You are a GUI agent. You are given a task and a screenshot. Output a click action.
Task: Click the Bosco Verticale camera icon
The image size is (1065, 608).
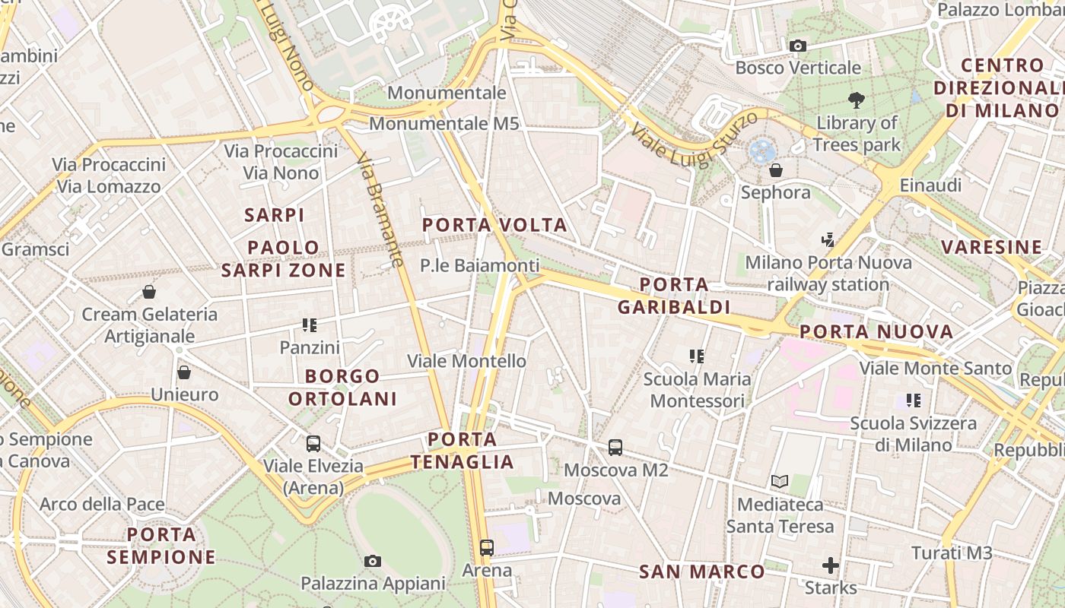coord(797,46)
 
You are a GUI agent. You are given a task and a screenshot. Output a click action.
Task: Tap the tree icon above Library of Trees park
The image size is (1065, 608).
coord(857,100)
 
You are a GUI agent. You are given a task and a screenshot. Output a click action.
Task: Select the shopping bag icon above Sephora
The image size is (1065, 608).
coord(776,170)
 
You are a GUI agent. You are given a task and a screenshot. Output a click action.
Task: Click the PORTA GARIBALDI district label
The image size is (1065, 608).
coord(673,296)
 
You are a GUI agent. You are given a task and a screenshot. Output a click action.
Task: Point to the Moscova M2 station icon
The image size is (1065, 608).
coord(615,448)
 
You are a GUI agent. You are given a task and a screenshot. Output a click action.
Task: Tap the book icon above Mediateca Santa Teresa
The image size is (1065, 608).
coord(780,481)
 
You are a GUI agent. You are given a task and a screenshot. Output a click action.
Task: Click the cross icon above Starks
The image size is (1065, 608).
coord(831,565)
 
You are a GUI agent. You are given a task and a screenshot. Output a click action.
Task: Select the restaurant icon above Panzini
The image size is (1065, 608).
coord(310,325)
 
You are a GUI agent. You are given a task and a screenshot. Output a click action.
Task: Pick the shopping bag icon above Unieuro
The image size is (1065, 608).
coord(184,372)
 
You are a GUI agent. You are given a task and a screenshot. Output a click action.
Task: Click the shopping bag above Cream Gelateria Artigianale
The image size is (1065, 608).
coord(149,292)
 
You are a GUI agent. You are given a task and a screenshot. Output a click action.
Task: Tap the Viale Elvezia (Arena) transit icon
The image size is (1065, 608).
coord(313,444)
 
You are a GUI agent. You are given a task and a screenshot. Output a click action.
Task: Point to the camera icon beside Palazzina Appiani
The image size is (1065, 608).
coord(372,562)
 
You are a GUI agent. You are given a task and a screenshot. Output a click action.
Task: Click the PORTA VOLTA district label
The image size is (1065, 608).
coord(494,225)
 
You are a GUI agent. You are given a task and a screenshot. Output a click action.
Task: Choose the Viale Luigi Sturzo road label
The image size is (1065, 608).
coord(693,138)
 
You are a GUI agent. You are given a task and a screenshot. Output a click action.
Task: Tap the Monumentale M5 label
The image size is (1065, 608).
coord(443,123)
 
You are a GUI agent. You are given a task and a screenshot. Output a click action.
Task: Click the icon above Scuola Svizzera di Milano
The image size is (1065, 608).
coord(914,401)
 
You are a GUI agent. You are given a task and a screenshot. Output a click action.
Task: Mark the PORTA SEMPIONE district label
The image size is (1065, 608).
coord(161,546)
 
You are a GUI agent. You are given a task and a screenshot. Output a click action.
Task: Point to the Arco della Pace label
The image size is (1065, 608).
coord(102,504)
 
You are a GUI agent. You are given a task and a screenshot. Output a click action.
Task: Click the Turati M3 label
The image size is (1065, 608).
coord(952,553)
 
